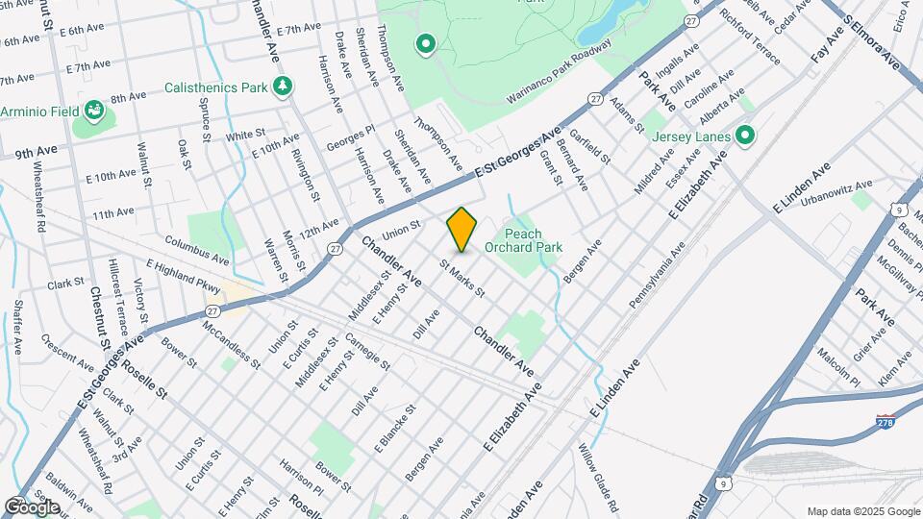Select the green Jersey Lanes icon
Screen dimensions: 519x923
(x=744, y=136)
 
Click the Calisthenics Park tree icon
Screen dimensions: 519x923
(x=283, y=87)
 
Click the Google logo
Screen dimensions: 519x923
(x=32, y=507)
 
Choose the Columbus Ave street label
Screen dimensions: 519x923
(x=196, y=250)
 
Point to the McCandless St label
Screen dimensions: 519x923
(x=231, y=345)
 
